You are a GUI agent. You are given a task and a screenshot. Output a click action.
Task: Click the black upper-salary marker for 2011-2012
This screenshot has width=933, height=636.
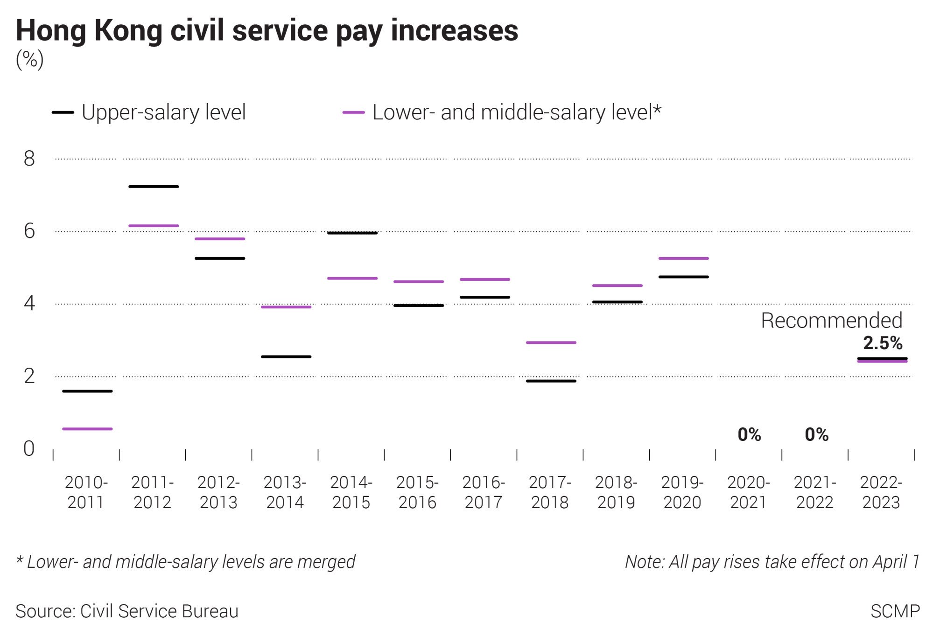pos(154,187)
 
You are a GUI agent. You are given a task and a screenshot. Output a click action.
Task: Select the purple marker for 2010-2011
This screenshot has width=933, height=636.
pos(87,429)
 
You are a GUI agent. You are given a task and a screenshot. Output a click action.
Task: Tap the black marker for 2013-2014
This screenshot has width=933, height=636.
pos(286,357)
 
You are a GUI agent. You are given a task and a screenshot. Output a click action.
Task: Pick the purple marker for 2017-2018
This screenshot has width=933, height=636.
pos(551,342)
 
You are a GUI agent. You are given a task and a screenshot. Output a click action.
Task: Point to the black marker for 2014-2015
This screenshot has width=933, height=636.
pos(352,233)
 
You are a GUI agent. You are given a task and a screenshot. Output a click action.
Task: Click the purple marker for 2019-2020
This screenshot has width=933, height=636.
pos(683,258)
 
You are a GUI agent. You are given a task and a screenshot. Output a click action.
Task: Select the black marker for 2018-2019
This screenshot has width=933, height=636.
pos(617,302)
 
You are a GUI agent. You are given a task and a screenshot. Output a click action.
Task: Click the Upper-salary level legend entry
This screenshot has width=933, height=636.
pos(149,112)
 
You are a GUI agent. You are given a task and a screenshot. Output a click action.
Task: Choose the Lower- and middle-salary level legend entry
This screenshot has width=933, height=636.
pos(502,112)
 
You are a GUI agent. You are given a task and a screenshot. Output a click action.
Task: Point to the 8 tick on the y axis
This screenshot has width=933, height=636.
pos(29,159)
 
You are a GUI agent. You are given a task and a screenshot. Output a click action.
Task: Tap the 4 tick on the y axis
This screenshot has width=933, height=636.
pos(29,303)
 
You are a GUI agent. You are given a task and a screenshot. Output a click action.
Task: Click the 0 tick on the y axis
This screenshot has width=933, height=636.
pos(29,448)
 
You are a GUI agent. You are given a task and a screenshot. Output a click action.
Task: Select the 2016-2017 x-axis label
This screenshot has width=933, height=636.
pos(484,492)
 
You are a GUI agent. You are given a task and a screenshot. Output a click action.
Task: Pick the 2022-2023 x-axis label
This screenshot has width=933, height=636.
pos(881,492)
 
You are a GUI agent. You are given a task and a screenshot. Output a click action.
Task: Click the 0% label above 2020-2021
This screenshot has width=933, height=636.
pos(749,434)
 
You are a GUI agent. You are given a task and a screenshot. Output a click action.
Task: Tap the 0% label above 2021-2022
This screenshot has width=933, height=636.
pos(816,434)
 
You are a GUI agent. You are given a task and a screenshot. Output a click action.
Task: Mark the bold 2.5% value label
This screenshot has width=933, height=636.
pos(882,343)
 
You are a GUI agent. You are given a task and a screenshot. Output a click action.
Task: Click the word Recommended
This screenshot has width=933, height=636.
pos(831,321)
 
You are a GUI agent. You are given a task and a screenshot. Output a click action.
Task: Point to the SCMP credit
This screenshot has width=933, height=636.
pos(895,611)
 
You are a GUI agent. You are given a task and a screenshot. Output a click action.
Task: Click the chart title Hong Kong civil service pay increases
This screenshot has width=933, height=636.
pos(267,31)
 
